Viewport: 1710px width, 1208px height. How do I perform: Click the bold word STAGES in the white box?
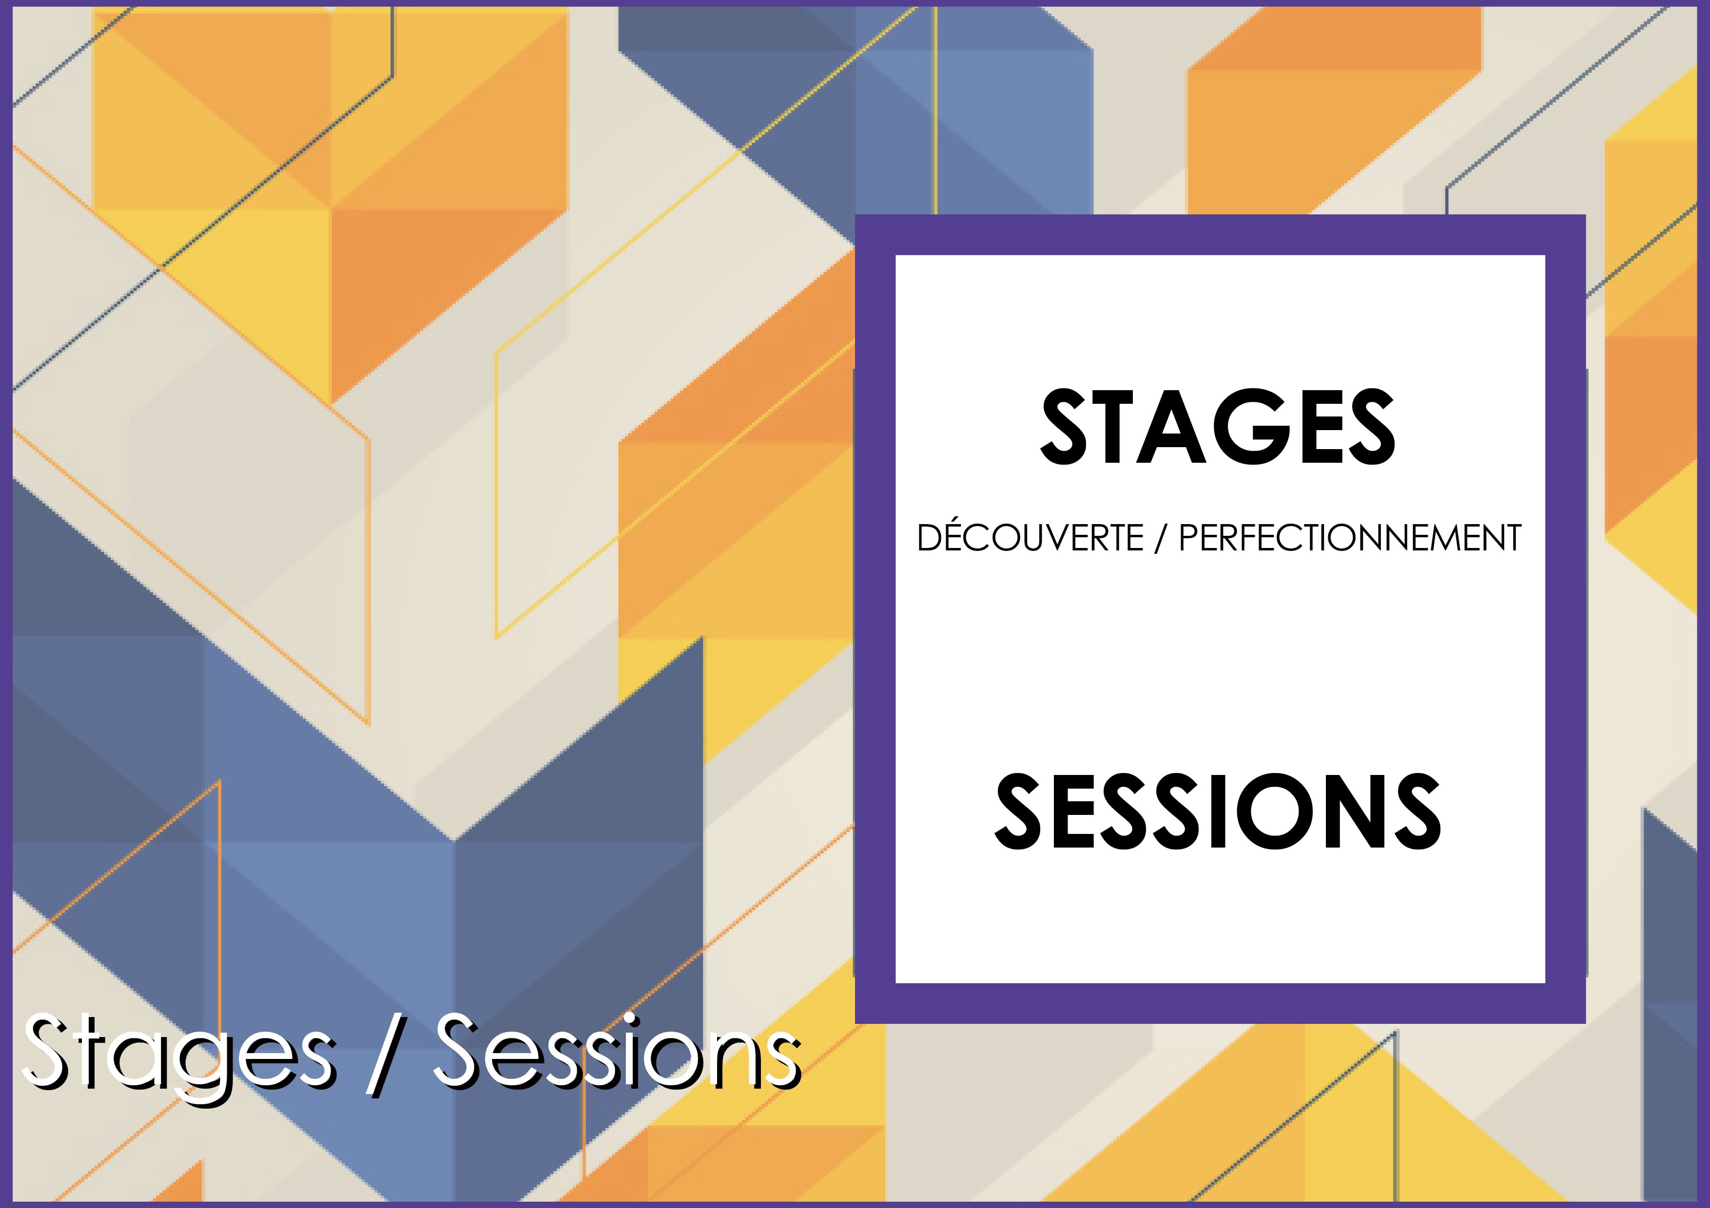point(1218,427)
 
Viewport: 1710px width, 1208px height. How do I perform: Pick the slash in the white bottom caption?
point(384,1053)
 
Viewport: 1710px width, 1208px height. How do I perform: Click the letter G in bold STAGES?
point(1252,427)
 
